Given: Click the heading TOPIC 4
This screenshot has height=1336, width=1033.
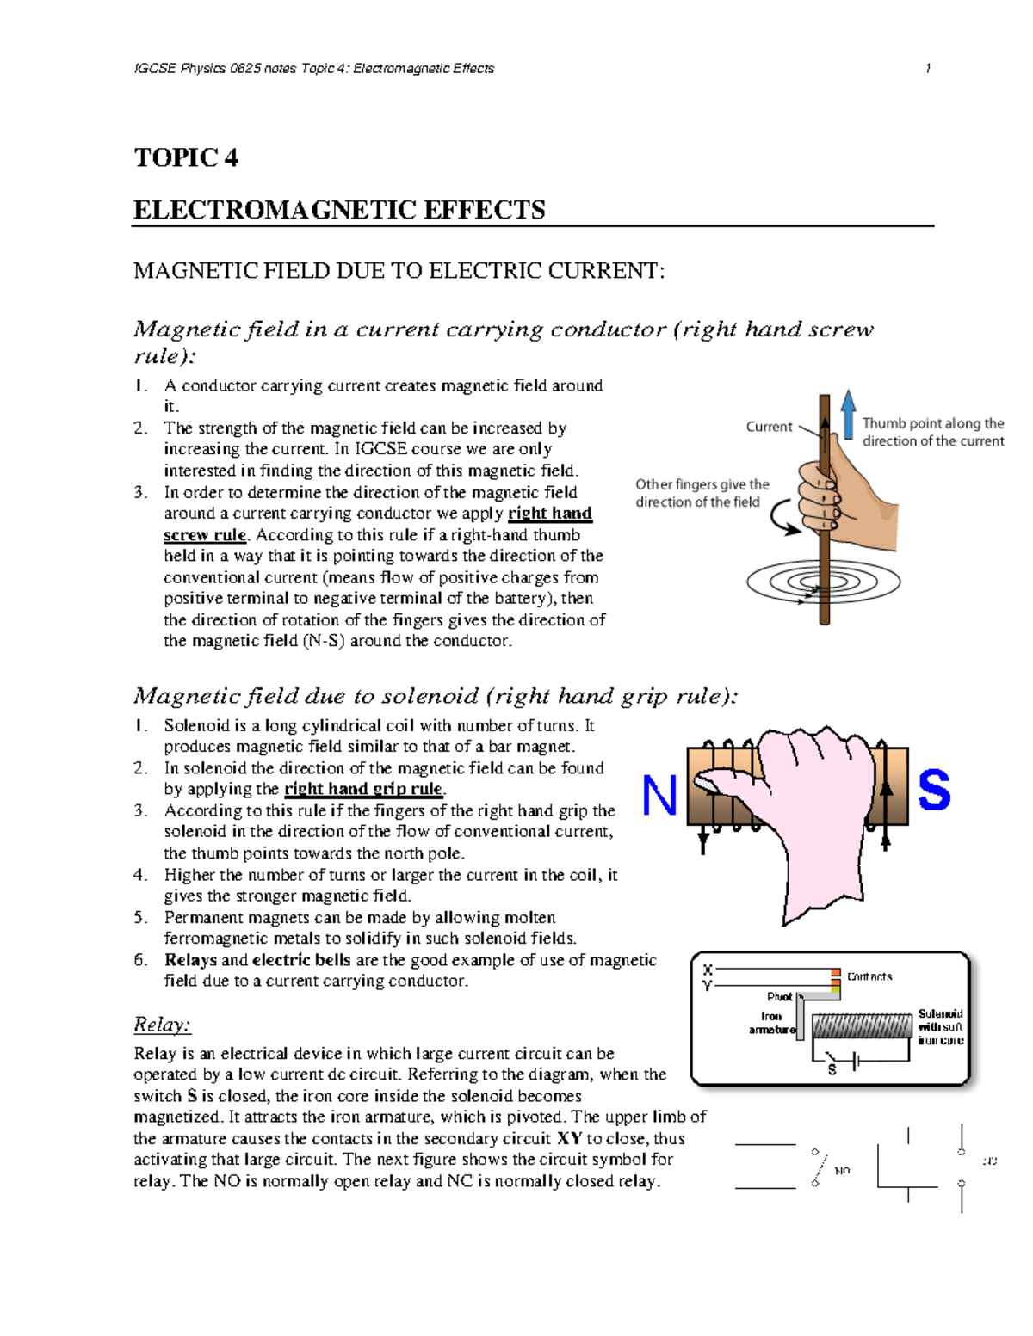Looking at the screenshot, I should [186, 157].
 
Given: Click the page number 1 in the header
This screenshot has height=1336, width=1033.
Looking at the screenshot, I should [928, 68].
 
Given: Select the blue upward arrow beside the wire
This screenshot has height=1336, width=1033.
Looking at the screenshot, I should [848, 414].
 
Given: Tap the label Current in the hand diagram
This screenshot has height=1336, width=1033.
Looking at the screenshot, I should [769, 427].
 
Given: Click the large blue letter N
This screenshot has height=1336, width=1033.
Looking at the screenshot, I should [659, 796].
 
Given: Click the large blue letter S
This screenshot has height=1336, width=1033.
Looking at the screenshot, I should [934, 791].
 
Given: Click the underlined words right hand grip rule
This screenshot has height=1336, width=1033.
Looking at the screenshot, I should [363, 789].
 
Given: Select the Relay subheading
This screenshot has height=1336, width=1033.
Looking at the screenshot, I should [162, 1025].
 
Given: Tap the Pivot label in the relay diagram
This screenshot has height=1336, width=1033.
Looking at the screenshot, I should [779, 997].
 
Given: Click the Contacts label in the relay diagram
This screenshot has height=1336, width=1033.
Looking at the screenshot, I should [869, 976].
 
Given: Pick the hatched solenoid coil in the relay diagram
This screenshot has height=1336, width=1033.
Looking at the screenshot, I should [862, 1025].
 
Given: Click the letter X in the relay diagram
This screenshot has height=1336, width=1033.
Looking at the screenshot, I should [708, 970].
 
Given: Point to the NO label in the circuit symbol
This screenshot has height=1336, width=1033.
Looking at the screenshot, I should [842, 1171].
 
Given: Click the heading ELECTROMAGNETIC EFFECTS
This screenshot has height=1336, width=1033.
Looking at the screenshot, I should [339, 210].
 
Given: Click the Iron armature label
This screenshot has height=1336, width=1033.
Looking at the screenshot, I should [772, 1023].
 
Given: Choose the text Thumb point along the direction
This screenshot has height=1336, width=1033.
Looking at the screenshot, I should [933, 432].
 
